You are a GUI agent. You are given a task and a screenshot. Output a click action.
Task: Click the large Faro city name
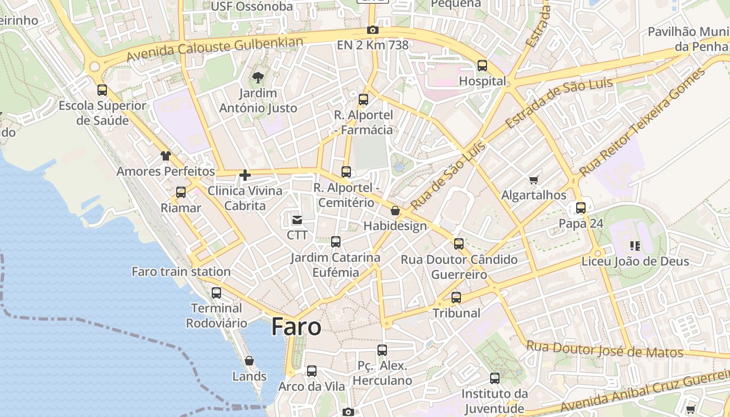[296, 327]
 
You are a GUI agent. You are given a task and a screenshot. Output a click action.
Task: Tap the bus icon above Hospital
[482, 66]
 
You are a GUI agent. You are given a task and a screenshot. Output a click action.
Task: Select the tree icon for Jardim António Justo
[258, 78]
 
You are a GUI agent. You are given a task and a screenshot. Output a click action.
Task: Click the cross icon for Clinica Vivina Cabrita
[245, 175]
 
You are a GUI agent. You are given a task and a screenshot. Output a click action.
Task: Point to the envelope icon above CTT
[297, 220]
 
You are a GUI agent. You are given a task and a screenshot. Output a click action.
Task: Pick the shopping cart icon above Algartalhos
[533, 180]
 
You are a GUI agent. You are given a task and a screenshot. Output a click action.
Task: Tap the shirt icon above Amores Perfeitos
[165, 155]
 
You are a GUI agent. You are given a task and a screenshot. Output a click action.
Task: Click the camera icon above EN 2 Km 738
[372, 30]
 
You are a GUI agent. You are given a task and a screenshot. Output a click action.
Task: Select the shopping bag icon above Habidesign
[395, 211]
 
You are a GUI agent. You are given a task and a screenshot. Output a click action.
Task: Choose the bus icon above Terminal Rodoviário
[216, 292]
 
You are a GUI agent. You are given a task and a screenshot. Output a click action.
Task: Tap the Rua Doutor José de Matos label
[604, 349]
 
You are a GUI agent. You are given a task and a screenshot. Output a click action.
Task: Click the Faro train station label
[181, 272]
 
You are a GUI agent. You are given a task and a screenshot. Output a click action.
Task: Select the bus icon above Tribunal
[456, 298]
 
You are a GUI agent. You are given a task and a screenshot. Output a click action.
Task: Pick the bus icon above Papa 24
[581, 208]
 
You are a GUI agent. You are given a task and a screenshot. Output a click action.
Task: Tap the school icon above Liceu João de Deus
[635, 246]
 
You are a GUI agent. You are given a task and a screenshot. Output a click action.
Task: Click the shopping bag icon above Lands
[249, 361]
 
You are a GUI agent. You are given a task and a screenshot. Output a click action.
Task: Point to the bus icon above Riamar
[181, 192]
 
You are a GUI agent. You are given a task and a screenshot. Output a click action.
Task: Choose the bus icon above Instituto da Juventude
[495, 378]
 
